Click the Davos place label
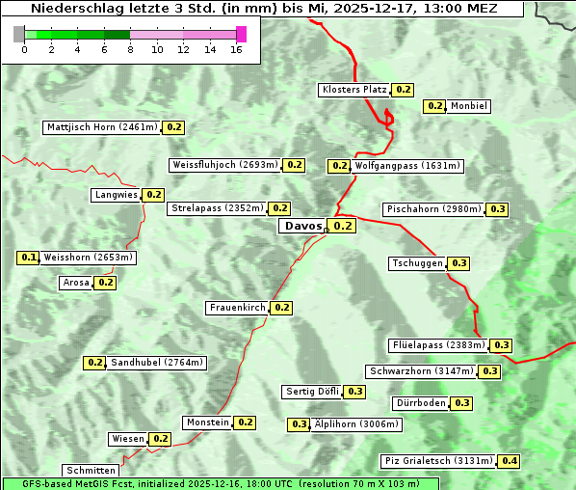point(302,226)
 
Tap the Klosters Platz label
point(353,90)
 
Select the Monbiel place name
point(469,106)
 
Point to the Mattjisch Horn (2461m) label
point(102,127)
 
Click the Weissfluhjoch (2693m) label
point(224,165)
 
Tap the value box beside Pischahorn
point(498,209)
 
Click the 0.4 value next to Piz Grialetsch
point(509,461)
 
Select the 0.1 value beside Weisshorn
point(29,258)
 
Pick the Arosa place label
point(75,283)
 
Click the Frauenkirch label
point(237,308)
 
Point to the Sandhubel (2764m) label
point(157,363)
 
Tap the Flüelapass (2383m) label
point(437,345)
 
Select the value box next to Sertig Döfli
point(355,392)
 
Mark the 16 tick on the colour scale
point(236,49)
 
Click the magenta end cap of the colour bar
point(241,34)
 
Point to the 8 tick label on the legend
point(130,49)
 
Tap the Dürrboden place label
point(420,403)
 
